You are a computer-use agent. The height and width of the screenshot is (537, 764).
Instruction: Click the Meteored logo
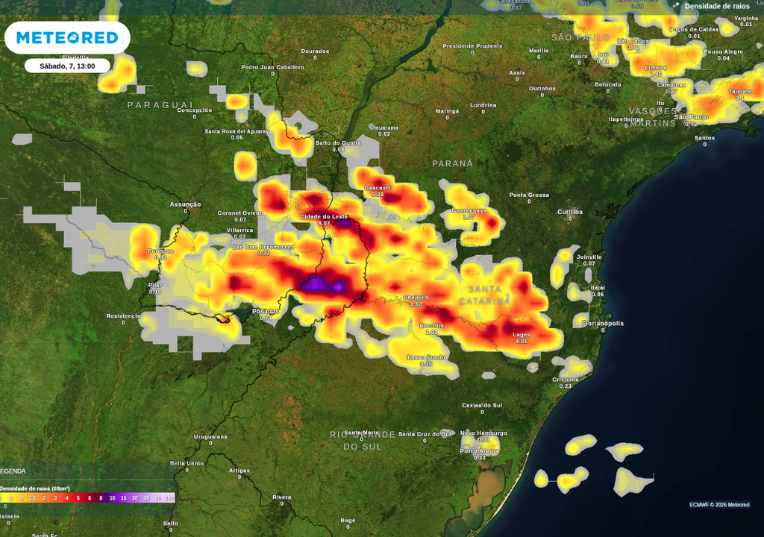[x=67, y=37]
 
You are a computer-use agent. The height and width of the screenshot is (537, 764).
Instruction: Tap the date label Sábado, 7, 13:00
[x=67, y=66]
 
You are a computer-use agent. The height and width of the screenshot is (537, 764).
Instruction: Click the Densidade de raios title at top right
[x=716, y=6]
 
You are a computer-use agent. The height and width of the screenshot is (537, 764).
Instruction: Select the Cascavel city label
[x=378, y=188]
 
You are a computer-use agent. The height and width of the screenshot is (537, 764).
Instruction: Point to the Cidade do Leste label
[x=324, y=216]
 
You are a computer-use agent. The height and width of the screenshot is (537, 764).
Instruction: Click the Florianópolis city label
[x=603, y=323]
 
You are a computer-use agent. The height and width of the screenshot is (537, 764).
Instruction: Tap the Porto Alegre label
[x=479, y=450]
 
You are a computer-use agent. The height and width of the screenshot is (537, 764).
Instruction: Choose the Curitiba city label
[x=570, y=212]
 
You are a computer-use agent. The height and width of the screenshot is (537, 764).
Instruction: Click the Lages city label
[x=522, y=335]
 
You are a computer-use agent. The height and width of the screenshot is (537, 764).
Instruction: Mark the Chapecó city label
[x=416, y=298]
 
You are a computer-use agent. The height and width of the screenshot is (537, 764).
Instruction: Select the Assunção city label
[x=185, y=204]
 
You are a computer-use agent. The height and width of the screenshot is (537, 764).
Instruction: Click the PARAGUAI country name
[x=160, y=105]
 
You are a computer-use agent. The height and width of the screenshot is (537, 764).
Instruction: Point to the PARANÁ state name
[x=453, y=163]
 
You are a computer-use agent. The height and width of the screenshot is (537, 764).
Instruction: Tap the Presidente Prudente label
[x=472, y=45]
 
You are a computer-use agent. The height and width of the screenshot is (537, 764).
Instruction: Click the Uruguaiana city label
[x=210, y=436]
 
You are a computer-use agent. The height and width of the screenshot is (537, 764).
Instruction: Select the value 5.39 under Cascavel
[x=378, y=195]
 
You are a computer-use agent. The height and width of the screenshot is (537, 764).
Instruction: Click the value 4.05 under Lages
[x=521, y=342]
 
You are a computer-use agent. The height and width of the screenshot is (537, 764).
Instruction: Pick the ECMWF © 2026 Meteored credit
[x=719, y=505]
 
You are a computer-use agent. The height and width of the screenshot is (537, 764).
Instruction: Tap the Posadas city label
[x=265, y=311]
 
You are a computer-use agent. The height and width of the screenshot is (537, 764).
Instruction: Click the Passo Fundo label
[x=426, y=357]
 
